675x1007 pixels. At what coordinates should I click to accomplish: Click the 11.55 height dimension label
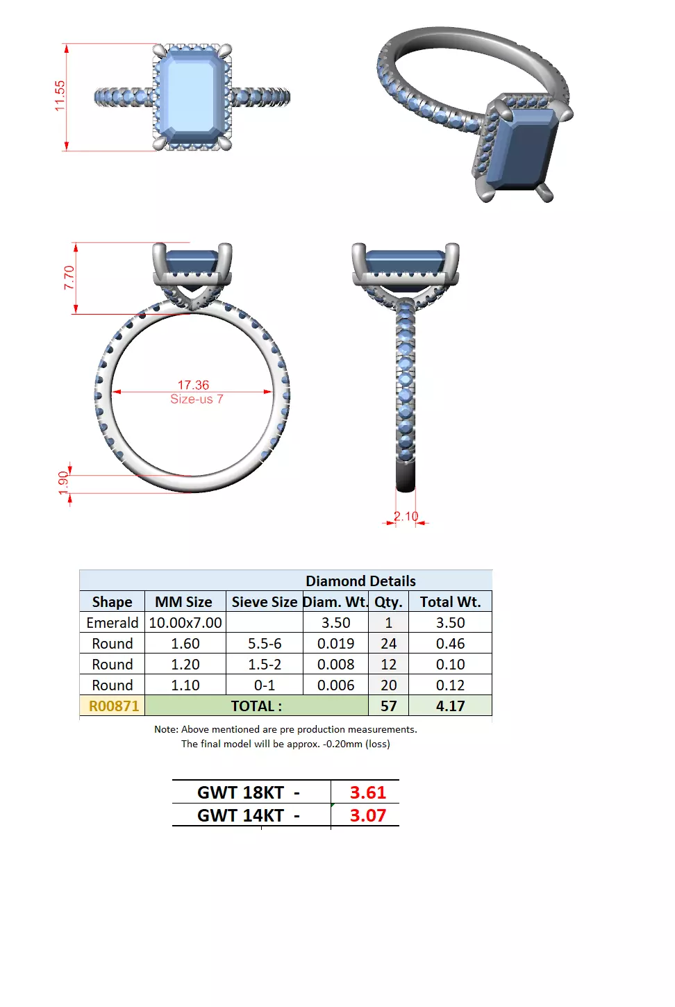pyautogui.click(x=60, y=96)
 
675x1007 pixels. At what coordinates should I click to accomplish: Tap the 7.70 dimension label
pyautogui.click(x=69, y=278)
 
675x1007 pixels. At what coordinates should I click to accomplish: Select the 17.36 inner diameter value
pyautogui.click(x=193, y=385)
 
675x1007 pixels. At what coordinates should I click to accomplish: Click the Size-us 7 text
pyautogui.click(x=197, y=399)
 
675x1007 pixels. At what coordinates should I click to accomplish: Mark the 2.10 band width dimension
pyautogui.click(x=406, y=516)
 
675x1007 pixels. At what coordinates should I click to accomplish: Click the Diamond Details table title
pyautogui.click(x=360, y=581)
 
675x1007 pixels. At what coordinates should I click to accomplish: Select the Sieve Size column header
pyautogui.click(x=264, y=601)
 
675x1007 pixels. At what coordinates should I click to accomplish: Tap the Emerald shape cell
pyautogui.click(x=112, y=622)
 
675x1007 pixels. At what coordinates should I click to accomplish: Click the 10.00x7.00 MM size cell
pyautogui.click(x=185, y=622)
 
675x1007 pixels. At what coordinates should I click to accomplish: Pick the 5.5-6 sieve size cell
pyautogui.click(x=265, y=643)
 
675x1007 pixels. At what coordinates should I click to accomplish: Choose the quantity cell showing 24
pyautogui.click(x=388, y=643)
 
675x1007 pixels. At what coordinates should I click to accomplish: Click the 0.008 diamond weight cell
pyautogui.click(x=335, y=664)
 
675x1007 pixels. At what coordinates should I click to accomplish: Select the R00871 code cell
pyautogui.click(x=113, y=706)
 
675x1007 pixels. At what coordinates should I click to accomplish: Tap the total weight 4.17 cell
pyautogui.click(x=450, y=706)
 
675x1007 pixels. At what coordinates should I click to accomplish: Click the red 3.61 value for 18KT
pyautogui.click(x=367, y=792)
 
